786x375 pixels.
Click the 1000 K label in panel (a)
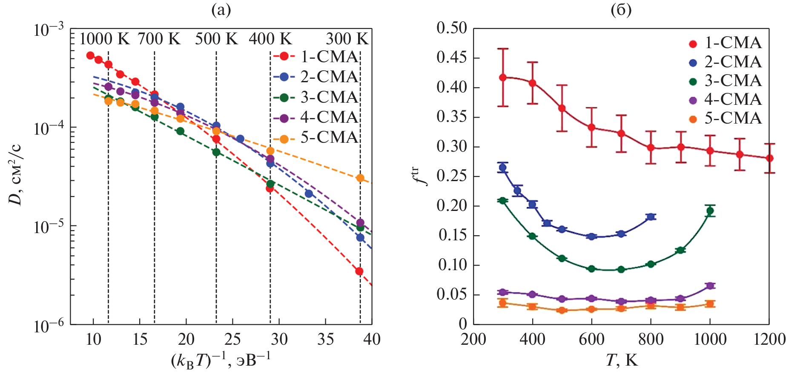pyautogui.click(x=104, y=39)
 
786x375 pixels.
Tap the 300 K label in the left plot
pyautogui.click(x=347, y=39)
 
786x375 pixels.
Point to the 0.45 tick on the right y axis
pyautogui.click(x=452, y=58)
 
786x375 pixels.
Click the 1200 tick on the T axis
pyautogui.click(x=769, y=340)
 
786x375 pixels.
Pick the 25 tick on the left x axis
pyautogui.click(x=232, y=340)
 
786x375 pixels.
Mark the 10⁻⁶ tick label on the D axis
pyautogui.click(x=48, y=326)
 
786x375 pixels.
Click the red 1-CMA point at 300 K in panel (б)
pyautogui.click(x=503, y=78)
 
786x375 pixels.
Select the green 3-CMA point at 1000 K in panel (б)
pyautogui.click(x=710, y=211)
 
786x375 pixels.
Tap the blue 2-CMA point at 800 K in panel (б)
pyautogui.click(x=651, y=217)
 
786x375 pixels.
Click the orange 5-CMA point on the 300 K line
pyautogui.click(x=360, y=178)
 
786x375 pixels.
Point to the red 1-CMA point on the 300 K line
pyautogui.click(x=359, y=271)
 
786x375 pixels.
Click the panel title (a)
pyautogui.click(x=221, y=9)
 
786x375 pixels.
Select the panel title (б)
pyautogui.click(x=621, y=9)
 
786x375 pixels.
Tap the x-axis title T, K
pyautogui.click(x=621, y=361)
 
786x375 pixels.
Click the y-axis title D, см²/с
pyautogui.click(x=16, y=175)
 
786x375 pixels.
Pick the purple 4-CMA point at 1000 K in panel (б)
pyautogui.click(x=710, y=286)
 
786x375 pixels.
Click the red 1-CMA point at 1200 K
pyautogui.click(x=769, y=158)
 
